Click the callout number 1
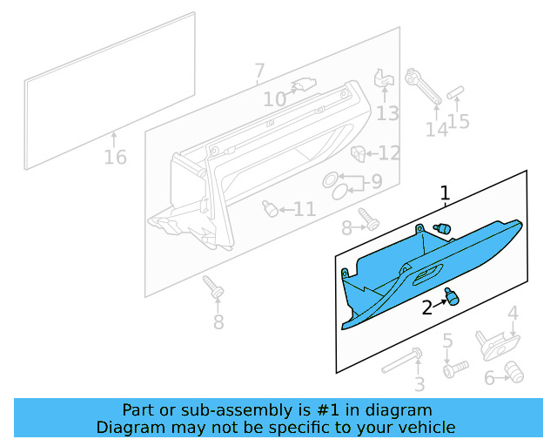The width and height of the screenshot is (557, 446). [x=445, y=193]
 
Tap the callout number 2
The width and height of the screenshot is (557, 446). [x=427, y=307]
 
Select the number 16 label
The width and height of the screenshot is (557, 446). [x=115, y=158]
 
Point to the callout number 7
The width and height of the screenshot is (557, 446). [x=259, y=71]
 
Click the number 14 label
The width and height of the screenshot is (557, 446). [x=436, y=129]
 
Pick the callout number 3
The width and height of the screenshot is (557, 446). [x=419, y=384]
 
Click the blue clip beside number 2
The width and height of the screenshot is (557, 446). [x=451, y=297]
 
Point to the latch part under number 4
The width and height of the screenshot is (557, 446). [x=493, y=344]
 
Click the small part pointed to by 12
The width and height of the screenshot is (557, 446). [x=357, y=154]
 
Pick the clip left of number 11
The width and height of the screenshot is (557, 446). [x=272, y=209]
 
